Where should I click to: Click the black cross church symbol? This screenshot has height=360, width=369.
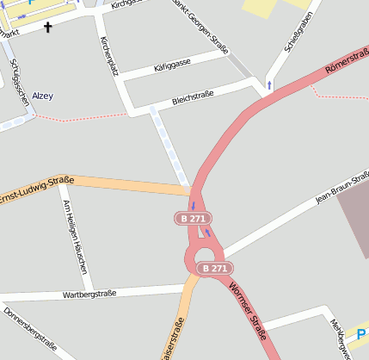pyautogui.click(x=47, y=28)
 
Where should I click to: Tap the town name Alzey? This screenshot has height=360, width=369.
pyautogui.click(x=42, y=96)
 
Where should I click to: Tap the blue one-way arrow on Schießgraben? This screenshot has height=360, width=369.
pyautogui.click(x=269, y=84)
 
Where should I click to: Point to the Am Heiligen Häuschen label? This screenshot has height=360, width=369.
pyautogui.click(x=75, y=237)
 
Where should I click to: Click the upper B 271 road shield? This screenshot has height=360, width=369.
pyautogui.click(x=193, y=219)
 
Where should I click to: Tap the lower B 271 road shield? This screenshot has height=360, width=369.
pyautogui.click(x=214, y=269)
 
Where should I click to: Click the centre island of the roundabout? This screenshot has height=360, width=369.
pyautogui.click(x=204, y=255)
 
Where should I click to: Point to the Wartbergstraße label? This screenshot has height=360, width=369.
pyautogui.click(x=89, y=295)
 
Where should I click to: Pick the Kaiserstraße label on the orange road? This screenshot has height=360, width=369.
pyautogui.click(x=172, y=339)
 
